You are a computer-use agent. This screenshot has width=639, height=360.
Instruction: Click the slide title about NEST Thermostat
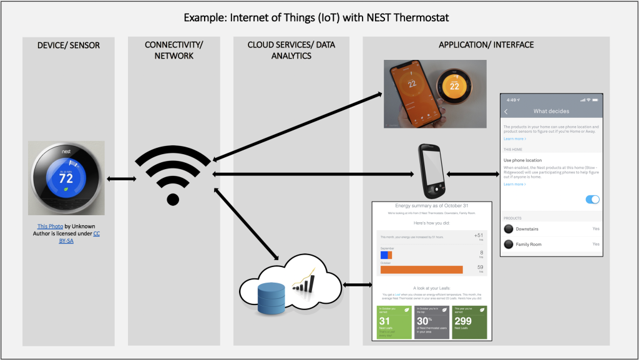[x=316, y=17]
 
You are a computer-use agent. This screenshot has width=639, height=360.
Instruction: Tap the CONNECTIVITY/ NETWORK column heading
[x=173, y=50]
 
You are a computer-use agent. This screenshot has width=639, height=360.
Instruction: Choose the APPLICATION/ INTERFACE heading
[x=486, y=45]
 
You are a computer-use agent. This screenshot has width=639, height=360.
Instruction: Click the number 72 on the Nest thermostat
[x=66, y=178]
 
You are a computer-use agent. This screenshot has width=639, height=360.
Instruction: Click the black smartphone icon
[x=430, y=171]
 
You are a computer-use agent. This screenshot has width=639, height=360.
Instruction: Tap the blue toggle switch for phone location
[x=592, y=199]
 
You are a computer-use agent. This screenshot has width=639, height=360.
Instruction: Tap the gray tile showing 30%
[x=432, y=322]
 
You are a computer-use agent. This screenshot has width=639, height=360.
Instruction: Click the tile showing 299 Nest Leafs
[x=469, y=322]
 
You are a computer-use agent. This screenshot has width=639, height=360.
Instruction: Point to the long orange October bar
[x=422, y=270]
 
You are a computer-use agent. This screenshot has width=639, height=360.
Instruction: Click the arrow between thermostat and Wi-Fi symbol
[x=121, y=179]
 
